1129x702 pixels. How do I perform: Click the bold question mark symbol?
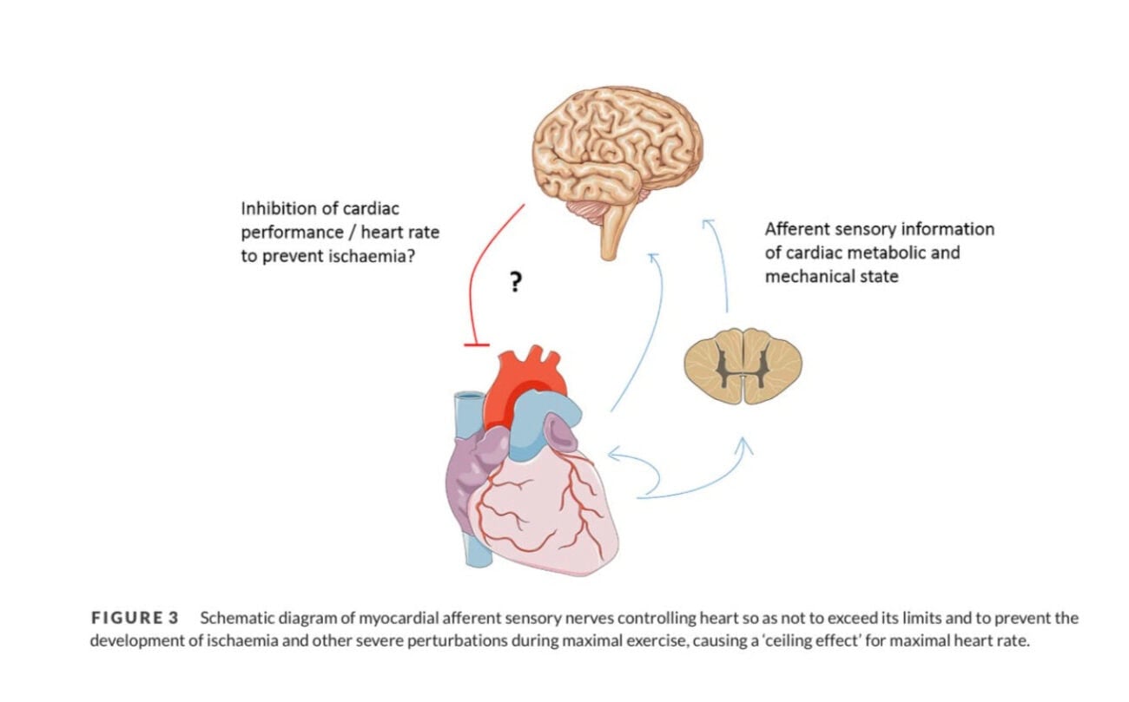(515, 282)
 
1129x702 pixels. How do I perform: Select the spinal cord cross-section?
(743, 365)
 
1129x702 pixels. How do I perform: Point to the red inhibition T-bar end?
(477, 344)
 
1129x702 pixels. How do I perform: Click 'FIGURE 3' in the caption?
(135, 618)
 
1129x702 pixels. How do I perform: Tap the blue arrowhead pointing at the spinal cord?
(743, 444)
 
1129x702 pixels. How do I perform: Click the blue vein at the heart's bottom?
(477, 552)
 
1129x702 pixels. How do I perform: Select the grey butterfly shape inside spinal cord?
(743, 364)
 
